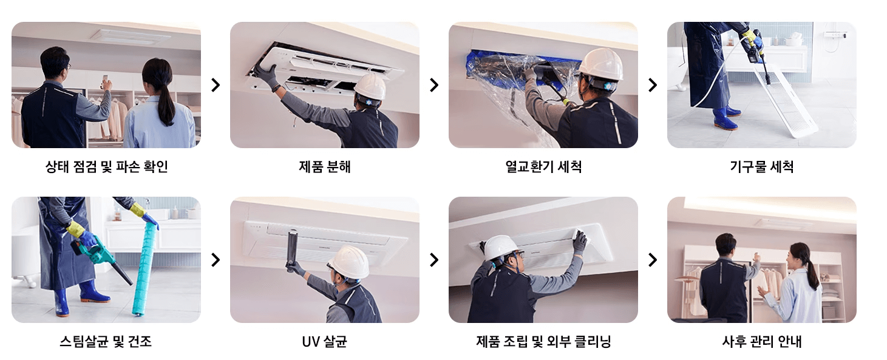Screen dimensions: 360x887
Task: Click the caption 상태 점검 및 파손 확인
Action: click(x=106, y=167)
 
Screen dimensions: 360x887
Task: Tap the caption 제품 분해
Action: click(x=325, y=167)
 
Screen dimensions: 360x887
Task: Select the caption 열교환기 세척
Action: click(x=543, y=167)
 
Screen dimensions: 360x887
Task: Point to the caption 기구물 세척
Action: click(x=762, y=167)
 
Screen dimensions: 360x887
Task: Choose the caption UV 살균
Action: click(x=325, y=342)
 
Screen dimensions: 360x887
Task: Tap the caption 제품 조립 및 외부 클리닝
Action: click(x=543, y=342)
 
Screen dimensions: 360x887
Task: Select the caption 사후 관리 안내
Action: click(x=762, y=342)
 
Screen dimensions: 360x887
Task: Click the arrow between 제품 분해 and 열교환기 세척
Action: click(x=433, y=85)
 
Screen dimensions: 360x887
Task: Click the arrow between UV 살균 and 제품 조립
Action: click(x=433, y=260)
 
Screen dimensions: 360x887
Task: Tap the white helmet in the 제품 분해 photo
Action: click(x=370, y=86)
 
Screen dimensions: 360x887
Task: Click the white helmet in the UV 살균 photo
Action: click(x=348, y=262)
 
